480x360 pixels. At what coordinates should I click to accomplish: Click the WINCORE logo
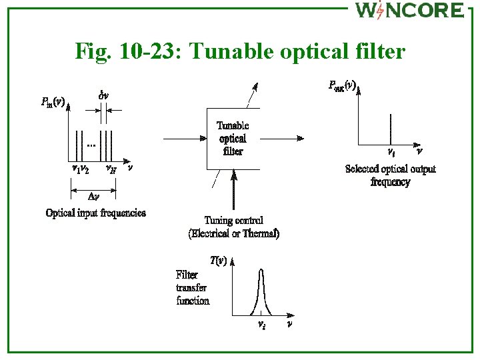(x=409, y=11)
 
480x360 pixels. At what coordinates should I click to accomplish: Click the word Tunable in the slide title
(x=227, y=51)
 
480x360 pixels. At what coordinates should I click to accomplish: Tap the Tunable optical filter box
(x=232, y=139)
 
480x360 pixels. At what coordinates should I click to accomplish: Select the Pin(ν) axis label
(x=53, y=103)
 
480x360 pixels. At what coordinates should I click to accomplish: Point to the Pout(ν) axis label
(x=343, y=85)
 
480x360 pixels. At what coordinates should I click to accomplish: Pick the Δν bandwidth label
(x=94, y=197)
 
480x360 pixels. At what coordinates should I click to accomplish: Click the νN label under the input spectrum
(x=111, y=169)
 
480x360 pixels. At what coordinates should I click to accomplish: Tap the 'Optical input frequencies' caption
(x=95, y=213)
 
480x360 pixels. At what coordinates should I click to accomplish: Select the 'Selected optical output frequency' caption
(x=391, y=175)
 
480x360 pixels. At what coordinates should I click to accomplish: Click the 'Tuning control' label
(x=233, y=221)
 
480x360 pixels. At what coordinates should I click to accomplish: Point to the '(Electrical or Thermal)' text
(x=233, y=233)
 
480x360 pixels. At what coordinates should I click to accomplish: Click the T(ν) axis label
(x=218, y=261)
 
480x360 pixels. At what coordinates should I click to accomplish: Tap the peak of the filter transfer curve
(x=261, y=269)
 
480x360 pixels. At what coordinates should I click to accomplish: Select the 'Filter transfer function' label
(x=193, y=287)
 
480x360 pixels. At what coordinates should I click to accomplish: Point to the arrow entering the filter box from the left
(x=184, y=139)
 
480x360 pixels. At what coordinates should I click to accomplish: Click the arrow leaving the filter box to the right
(x=281, y=139)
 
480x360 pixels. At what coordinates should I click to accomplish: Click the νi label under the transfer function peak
(x=262, y=325)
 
